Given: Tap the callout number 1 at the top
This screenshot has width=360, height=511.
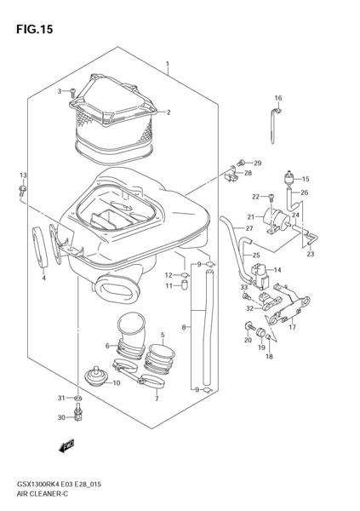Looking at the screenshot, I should tap(168, 64).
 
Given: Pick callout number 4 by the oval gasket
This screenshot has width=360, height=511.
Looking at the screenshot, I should tap(43, 277).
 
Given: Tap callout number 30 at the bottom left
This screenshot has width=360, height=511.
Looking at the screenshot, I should tap(60, 416).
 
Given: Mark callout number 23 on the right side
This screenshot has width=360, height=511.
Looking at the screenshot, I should tap(311, 254).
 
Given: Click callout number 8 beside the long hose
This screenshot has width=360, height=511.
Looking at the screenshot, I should tap(184, 326).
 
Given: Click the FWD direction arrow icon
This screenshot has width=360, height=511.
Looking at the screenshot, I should tap(67, 445).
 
